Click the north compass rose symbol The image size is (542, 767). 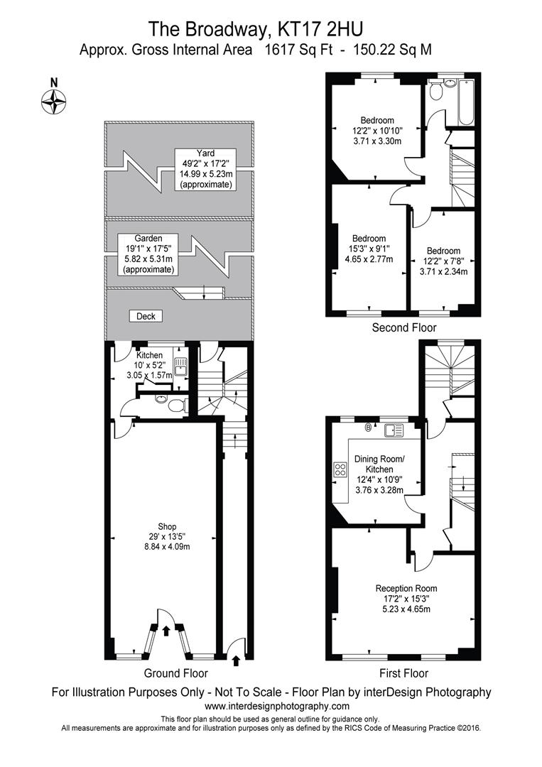(54, 102)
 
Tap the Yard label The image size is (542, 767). (205, 153)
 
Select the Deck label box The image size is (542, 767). (146, 317)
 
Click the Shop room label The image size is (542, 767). (167, 527)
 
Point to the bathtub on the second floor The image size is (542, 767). (465, 102)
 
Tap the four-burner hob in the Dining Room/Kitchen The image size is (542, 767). (340, 469)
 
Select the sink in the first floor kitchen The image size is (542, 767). (394, 430)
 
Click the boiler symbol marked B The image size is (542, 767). (369, 429)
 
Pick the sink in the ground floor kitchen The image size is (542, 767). (180, 366)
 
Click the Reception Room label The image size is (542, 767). (406, 589)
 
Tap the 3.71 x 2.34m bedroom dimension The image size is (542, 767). (444, 271)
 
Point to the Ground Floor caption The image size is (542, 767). (175, 673)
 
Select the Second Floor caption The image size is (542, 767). (404, 327)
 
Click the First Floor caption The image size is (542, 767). (404, 673)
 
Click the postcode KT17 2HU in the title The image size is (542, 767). (320, 29)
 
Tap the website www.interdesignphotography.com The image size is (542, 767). (277, 706)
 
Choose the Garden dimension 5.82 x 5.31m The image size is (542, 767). (148, 259)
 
